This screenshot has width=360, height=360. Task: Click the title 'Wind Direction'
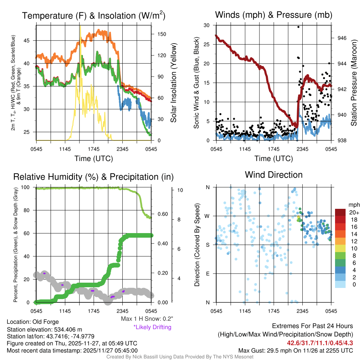274,175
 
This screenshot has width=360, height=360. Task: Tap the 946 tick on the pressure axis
342,38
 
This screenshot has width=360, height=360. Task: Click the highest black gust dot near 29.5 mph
298,27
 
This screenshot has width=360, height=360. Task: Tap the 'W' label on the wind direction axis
208,216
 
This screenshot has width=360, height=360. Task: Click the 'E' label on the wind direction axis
208,274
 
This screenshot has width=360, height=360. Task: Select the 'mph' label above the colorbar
353,205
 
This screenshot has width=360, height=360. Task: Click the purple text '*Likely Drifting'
152,327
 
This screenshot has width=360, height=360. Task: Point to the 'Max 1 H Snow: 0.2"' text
147,319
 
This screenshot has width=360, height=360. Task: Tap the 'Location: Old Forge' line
33,322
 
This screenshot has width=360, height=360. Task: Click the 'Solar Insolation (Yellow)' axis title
173,83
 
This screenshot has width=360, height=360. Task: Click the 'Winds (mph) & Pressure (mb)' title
274,15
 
